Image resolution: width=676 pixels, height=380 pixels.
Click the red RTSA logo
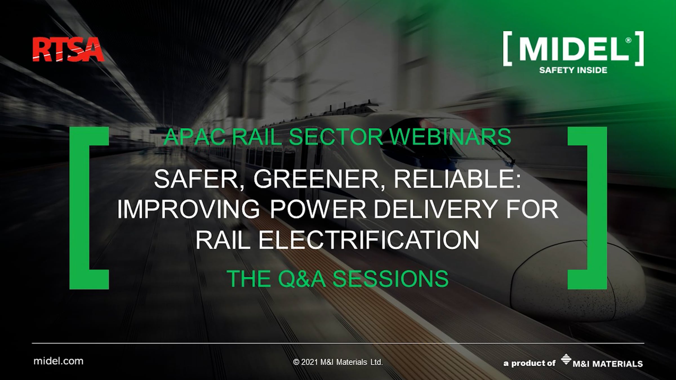click(x=68, y=50)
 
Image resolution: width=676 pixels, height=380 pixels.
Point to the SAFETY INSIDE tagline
click(x=573, y=70)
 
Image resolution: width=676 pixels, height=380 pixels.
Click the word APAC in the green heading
click(x=195, y=137)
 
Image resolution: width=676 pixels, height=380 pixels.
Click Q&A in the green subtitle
click(x=302, y=278)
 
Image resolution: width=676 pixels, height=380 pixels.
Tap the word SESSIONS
click(x=390, y=278)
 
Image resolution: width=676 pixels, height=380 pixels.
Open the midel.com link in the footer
click(x=58, y=361)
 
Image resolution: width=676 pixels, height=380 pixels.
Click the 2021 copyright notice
click(x=338, y=362)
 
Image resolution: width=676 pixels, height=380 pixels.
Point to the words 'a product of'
click(x=529, y=363)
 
